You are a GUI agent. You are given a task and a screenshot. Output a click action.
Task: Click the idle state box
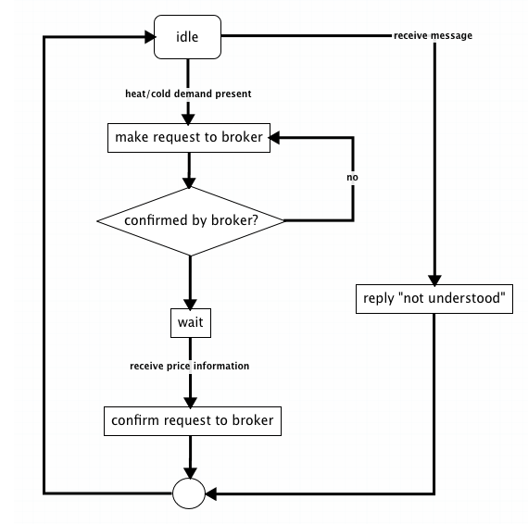point(187,37)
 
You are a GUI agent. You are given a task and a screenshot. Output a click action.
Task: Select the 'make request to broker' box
point(189,138)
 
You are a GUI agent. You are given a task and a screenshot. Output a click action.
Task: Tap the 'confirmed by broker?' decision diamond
point(190,221)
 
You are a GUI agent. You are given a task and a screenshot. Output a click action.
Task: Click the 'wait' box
point(191,323)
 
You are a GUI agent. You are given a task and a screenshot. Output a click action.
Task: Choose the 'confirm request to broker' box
point(193,421)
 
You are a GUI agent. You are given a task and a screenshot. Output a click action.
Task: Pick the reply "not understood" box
point(434,299)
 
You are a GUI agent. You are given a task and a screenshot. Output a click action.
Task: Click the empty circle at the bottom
point(189,493)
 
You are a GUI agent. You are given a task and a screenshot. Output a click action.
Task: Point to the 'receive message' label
point(433,35)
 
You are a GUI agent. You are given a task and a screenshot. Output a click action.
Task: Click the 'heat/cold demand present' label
point(188,94)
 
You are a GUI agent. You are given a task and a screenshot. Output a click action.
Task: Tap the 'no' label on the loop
point(352,177)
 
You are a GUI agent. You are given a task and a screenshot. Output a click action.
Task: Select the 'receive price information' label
point(190,366)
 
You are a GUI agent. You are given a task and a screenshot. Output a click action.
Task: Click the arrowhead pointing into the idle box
point(150,37)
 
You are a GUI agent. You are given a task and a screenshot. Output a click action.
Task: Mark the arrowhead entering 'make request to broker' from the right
point(274,138)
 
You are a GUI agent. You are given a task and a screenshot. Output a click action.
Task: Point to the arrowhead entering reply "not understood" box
point(434,280)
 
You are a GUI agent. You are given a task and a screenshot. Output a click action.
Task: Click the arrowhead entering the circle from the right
point(211,494)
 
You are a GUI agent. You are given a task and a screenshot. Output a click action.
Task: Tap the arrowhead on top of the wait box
point(190,304)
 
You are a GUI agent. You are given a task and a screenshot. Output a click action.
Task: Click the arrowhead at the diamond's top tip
point(189,182)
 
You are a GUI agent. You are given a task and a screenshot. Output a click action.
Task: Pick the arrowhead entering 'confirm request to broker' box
point(190,402)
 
